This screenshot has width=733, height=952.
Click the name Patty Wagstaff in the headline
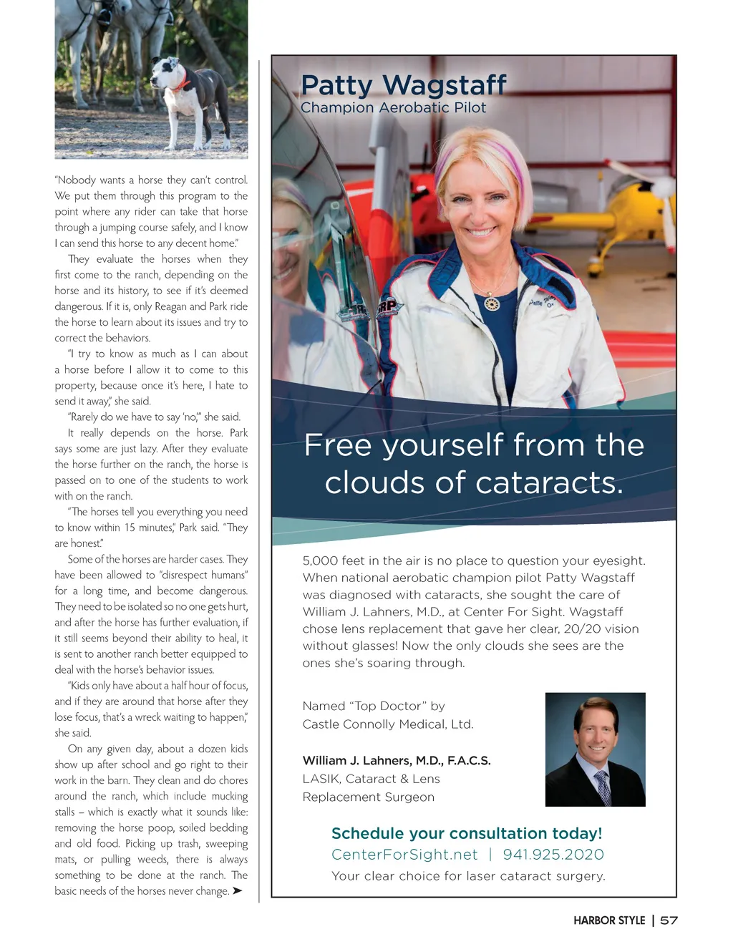(403, 85)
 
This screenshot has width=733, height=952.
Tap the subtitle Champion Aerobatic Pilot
(393, 108)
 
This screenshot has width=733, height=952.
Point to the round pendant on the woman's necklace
(492, 303)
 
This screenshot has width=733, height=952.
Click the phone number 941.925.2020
(553, 855)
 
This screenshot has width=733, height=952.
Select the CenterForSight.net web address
(404, 855)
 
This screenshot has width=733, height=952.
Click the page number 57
(669, 921)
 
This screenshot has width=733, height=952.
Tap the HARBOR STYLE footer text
(609, 921)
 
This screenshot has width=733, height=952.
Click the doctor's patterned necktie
(603, 788)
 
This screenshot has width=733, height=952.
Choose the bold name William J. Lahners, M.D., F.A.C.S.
(397, 760)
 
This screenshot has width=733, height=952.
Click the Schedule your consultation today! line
(467, 834)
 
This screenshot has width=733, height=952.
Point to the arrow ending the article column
(238, 891)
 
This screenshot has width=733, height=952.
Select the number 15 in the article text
(129, 528)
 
